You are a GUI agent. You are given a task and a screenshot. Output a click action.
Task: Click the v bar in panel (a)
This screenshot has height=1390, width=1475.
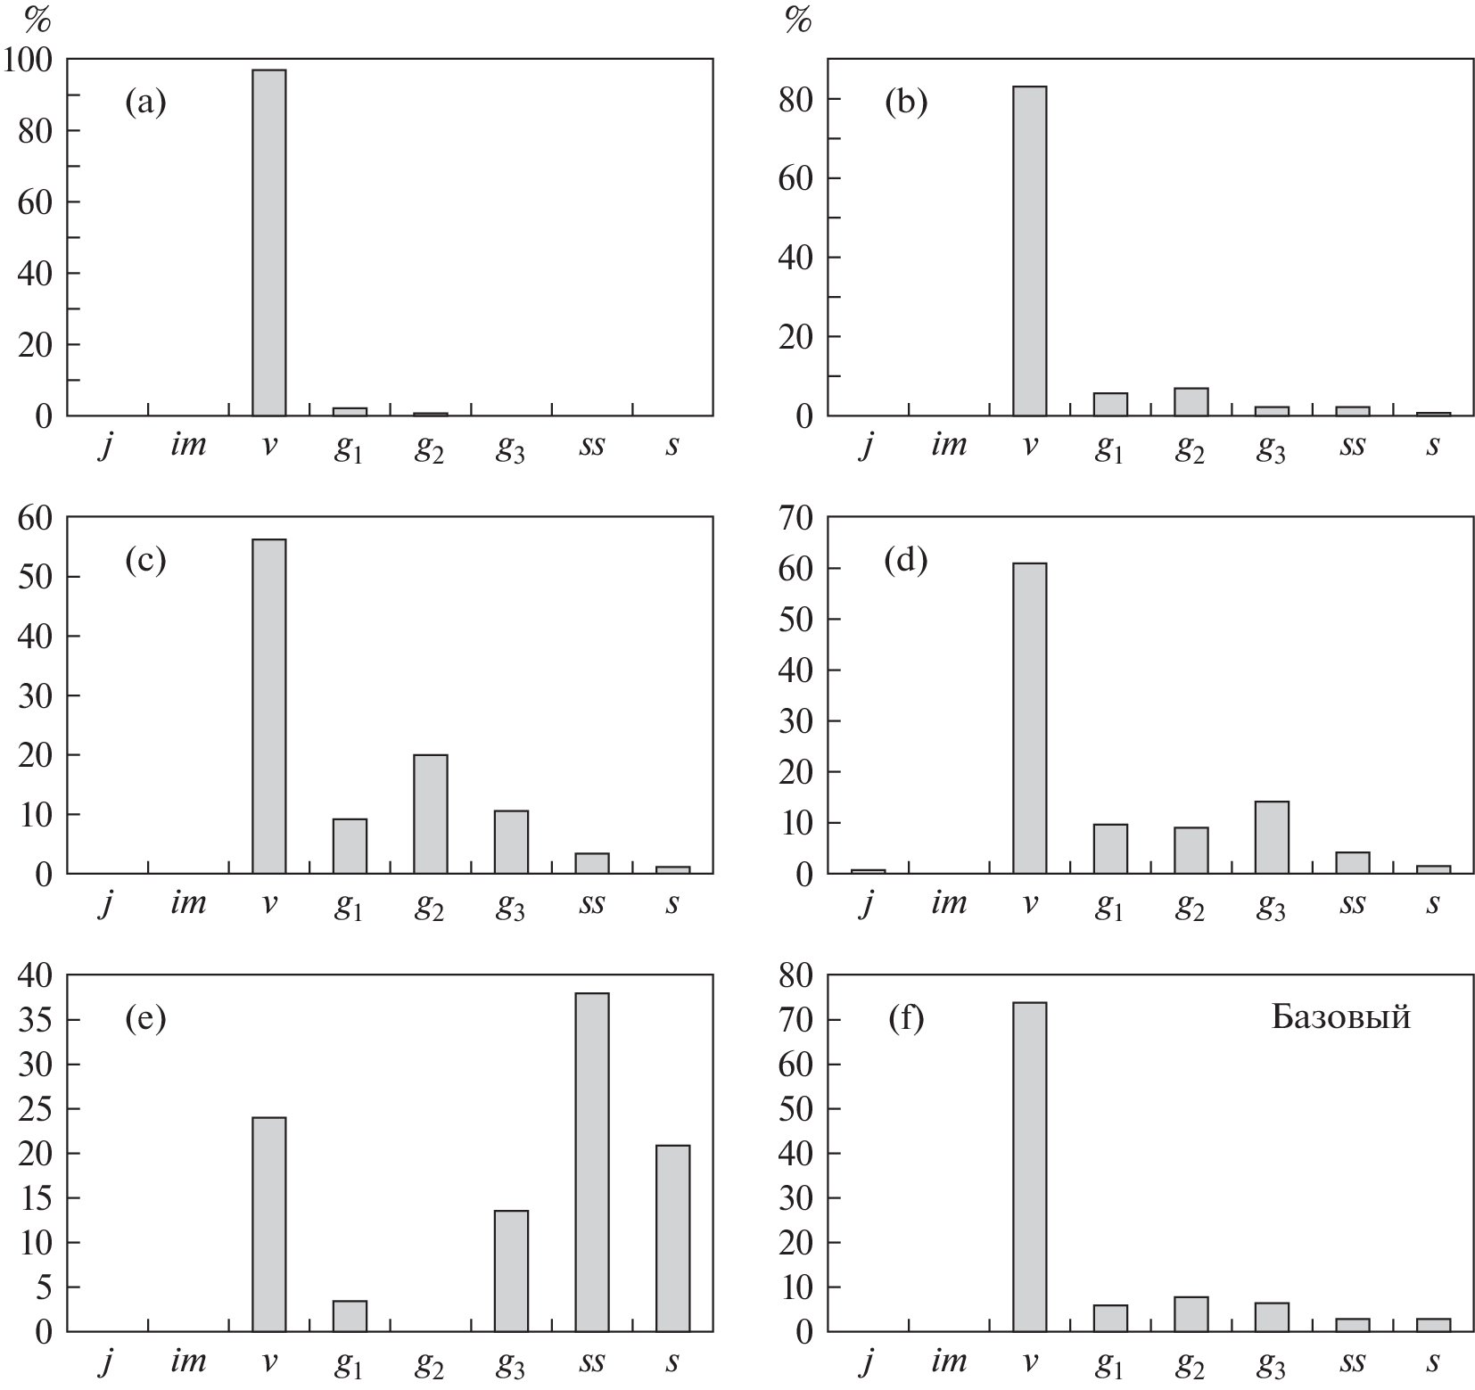(269, 243)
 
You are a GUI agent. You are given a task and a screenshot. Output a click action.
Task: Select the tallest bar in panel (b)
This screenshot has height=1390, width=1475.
(1030, 251)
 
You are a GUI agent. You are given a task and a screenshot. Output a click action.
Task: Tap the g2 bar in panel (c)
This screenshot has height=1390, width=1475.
(431, 814)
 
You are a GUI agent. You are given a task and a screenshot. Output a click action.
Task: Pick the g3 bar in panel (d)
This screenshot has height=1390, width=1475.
(1272, 838)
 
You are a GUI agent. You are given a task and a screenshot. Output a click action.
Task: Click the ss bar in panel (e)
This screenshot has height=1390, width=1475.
(592, 1163)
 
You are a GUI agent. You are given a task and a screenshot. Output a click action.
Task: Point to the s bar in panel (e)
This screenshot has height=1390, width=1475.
(672, 1238)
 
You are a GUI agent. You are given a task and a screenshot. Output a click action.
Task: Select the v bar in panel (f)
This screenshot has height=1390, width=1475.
(1030, 1167)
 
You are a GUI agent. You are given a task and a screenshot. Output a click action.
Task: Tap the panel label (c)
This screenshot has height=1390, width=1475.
(145, 562)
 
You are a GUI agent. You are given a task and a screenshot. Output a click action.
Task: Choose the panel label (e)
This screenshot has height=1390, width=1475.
(145, 1019)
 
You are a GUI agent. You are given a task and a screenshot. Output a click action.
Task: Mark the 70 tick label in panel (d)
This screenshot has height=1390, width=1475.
(795, 518)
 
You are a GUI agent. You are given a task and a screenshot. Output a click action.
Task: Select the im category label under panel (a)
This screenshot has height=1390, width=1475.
(187, 444)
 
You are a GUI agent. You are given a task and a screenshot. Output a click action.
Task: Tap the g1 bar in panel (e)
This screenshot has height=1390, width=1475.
(350, 1316)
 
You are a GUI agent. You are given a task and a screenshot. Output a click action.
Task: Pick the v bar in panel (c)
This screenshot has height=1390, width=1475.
(269, 706)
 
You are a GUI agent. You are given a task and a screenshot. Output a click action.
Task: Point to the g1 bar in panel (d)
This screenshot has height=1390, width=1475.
(1110, 849)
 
